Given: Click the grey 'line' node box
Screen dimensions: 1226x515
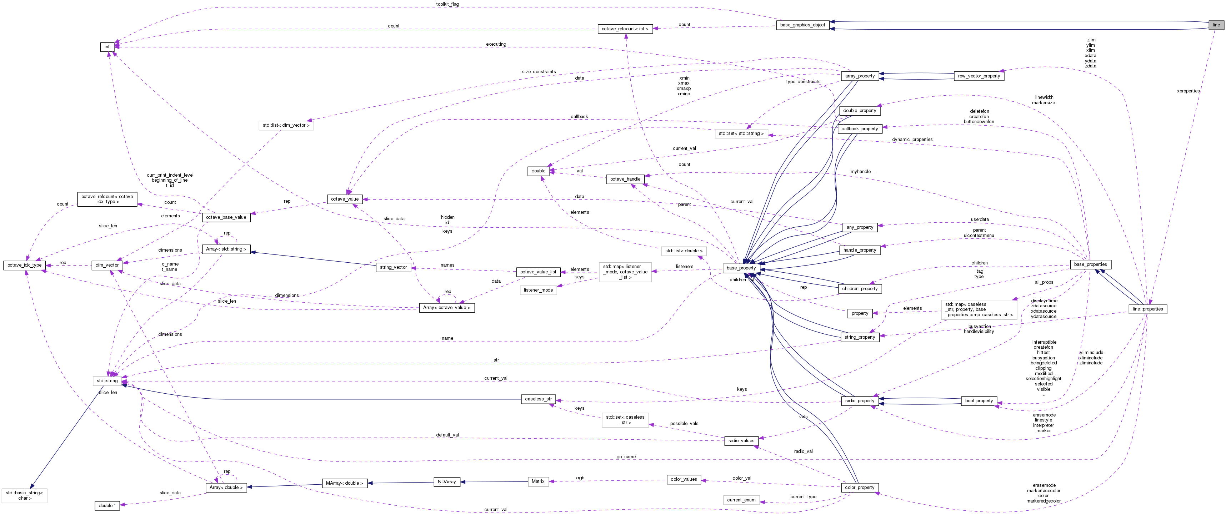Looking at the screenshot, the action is click(x=1216, y=25).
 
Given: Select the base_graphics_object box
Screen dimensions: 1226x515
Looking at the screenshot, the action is click(x=802, y=25).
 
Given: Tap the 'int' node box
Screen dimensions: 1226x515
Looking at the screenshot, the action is click(x=107, y=47).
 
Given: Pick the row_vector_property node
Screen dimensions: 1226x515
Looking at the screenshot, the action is click(x=979, y=76).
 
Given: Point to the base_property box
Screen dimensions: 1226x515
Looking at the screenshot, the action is click(x=741, y=268).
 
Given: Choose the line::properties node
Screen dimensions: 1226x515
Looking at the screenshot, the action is click(x=1147, y=309).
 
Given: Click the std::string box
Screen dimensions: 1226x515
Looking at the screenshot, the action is click(x=107, y=381).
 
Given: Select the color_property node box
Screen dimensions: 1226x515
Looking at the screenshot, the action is click(x=860, y=488).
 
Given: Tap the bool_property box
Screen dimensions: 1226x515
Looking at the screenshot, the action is click(x=979, y=401).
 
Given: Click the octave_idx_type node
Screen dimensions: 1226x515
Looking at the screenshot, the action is click(x=25, y=265).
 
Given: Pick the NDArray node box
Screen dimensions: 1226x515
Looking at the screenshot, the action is click(x=446, y=482).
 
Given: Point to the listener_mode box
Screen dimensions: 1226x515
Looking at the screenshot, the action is click(x=538, y=290).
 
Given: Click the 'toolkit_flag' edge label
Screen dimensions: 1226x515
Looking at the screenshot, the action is click(x=447, y=4).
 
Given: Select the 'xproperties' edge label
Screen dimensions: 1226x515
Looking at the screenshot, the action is click(x=1188, y=91).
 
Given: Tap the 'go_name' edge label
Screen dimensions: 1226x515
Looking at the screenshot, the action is click(x=626, y=457).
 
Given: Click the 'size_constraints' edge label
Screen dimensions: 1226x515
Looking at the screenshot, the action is click(x=539, y=72).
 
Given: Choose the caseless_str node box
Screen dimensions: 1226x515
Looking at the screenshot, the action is click(x=538, y=399).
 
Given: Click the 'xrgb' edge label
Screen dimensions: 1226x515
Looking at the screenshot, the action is click(x=579, y=478).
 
